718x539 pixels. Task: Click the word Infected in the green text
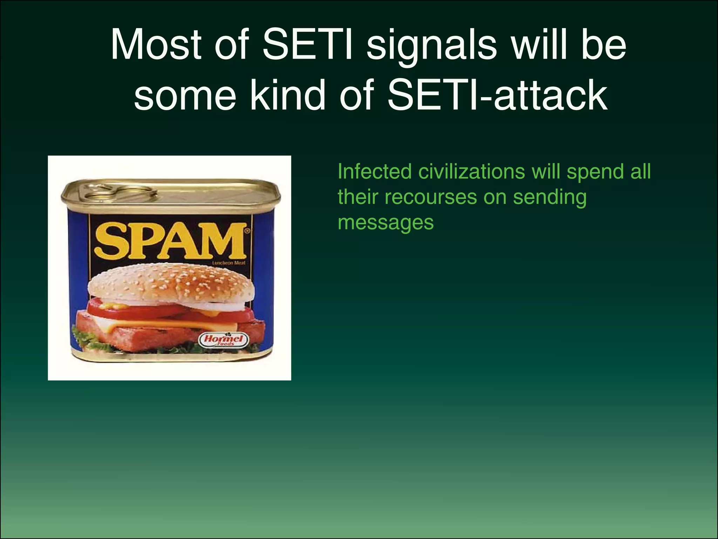pyautogui.click(x=375, y=172)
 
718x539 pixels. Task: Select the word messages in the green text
pyautogui.click(x=386, y=222)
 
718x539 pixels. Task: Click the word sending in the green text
pyautogui.click(x=550, y=198)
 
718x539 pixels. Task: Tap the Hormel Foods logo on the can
pyautogui.click(x=224, y=340)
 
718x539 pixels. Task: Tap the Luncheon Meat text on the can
pyautogui.click(x=229, y=263)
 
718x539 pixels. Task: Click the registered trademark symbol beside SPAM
pyautogui.click(x=248, y=231)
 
